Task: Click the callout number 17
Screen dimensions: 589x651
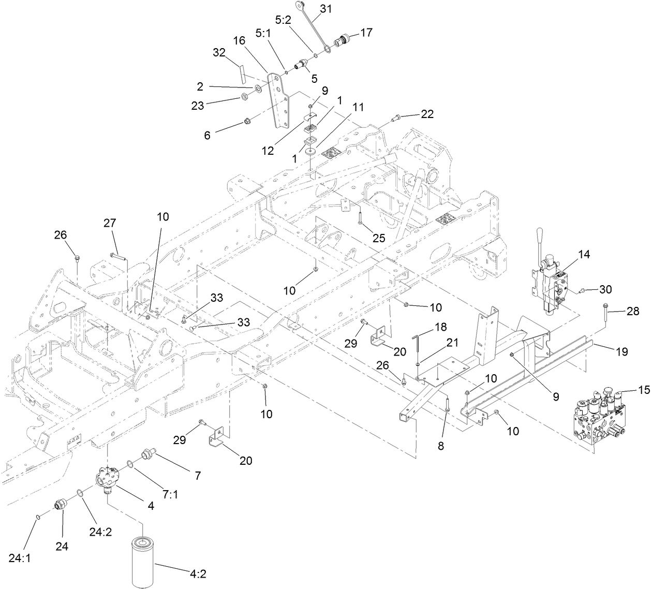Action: point(366,32)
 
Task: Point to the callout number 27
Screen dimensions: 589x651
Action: point(109,223)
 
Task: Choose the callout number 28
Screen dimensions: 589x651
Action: point(632,311)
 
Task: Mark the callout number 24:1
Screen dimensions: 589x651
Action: point(19,558)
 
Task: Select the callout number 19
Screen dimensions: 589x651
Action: point(622,351)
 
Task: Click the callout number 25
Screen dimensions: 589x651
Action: point(379,238)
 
